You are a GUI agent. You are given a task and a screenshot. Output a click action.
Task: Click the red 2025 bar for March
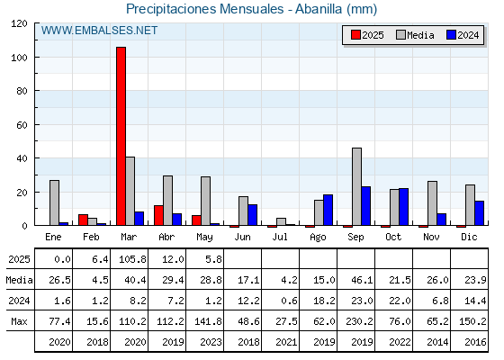121,136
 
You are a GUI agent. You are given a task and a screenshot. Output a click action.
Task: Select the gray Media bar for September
356,186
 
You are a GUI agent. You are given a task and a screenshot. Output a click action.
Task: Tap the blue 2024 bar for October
404,207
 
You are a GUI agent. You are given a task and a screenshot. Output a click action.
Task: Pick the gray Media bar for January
54,202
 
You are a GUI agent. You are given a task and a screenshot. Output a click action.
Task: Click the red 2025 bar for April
158,215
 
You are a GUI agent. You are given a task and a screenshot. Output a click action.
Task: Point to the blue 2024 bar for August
328,210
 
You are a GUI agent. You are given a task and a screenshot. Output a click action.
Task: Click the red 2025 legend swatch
355,35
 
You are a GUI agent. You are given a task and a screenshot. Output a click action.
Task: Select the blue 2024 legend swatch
451,35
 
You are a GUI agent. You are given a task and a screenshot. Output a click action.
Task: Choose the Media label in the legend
420,35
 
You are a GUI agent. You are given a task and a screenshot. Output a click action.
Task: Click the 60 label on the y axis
22,125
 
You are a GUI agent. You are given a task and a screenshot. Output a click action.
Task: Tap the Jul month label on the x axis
280,238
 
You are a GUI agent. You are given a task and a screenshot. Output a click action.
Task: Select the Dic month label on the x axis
469,238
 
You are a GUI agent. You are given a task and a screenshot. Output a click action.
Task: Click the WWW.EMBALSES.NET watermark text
99,31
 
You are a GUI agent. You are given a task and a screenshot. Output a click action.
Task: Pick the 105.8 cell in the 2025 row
133,259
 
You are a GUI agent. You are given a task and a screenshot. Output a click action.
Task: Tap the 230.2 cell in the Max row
360,321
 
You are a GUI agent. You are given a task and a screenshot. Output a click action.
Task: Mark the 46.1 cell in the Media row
362,280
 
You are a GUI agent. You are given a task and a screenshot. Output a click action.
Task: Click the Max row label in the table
19,321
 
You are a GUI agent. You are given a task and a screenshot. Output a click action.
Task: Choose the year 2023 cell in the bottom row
211,342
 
